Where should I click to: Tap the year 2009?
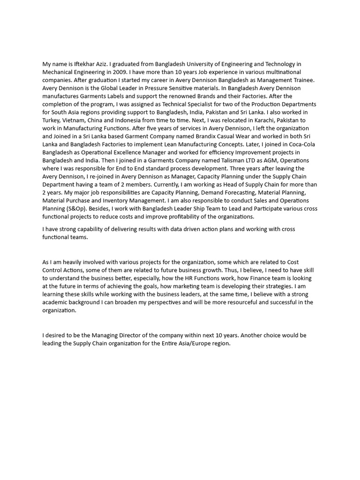[x=120, y=72]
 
